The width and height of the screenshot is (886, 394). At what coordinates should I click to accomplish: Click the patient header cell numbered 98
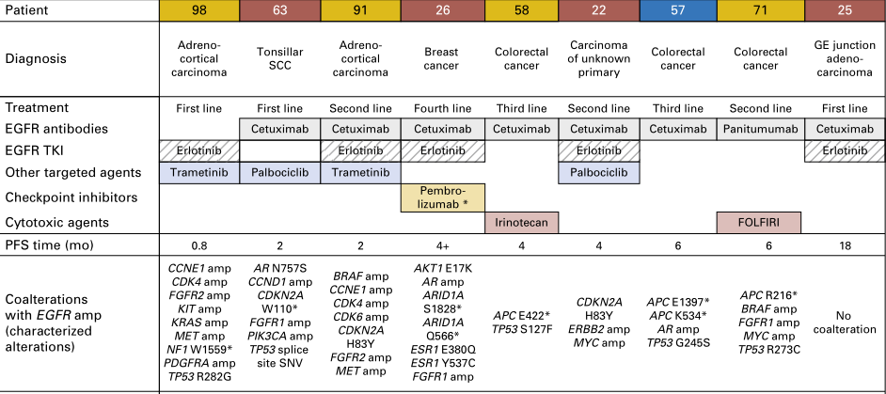tap(198, 10)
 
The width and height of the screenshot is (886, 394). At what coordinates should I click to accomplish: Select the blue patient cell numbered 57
tap(683, 10)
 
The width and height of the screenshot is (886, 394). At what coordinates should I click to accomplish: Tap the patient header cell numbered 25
tap(845, 10)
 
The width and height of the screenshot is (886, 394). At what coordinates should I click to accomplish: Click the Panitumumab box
tap(763, 129)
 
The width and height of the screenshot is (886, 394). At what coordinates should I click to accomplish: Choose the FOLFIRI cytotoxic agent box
tap(763, 222)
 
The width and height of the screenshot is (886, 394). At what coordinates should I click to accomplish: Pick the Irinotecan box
tap(522, 222)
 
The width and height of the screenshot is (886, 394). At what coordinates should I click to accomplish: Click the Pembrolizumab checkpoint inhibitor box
tap(441, 197)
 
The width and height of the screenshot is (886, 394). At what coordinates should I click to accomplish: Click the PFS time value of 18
tap(845, 245)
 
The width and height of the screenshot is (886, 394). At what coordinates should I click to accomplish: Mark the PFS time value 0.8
tap(198, 245)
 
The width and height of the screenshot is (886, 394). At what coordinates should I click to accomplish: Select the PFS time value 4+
tap(441, 245)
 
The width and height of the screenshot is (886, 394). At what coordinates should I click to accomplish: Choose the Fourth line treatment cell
tap(441, 107)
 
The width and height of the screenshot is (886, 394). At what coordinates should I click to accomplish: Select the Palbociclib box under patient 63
tap(279, 173)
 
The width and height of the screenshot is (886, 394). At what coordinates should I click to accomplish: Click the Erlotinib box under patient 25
tap(845, 150)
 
